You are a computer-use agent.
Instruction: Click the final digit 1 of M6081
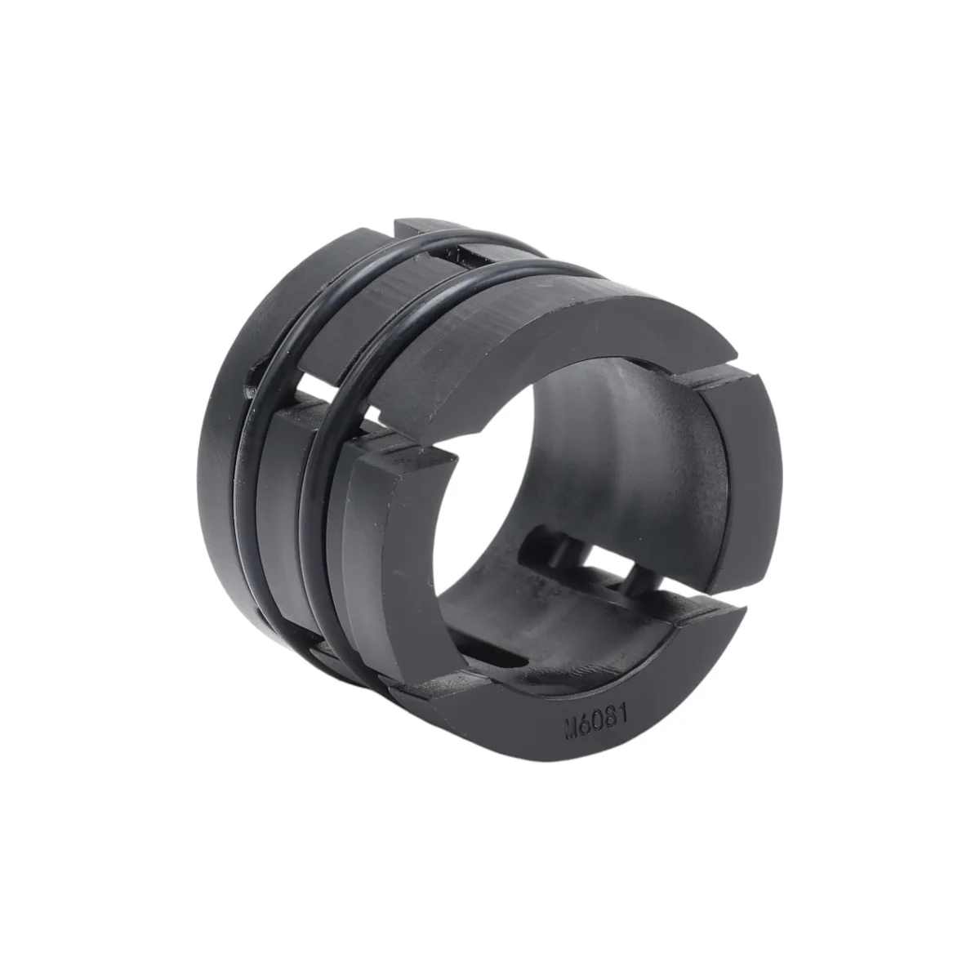623,711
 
